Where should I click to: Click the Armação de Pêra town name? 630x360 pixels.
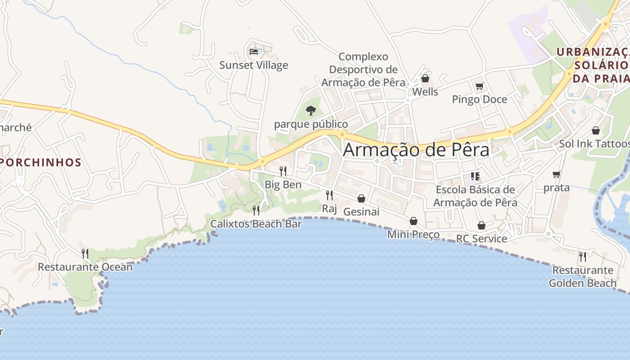pyautogui.click(x=416, y=150)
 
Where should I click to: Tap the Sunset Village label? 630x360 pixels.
pyautogui.click(x=253, y=65)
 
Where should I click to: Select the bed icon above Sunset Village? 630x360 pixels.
pyautogui.click(x=254, y=51)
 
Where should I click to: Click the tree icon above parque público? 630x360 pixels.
pyautogui.click(x=310, y=110)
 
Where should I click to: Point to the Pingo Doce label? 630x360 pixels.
pyautogui.click(x=479, y=99)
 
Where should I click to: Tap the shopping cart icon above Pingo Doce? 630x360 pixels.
pyautogui.click(x=479, y=86)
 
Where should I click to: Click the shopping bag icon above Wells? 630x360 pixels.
pyautogui.click(x=425, y=79)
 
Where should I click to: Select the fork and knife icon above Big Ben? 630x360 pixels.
pyautogui.click(x=283, y=171)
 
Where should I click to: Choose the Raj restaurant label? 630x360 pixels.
pyautogui.click(x=329, y=209)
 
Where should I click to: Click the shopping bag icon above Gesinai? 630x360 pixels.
pyautogui.click(x=361, y=198)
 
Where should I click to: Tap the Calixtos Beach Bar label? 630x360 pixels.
pyautogui.click(x=256, y=224)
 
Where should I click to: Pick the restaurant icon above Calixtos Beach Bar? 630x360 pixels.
pyautogui.click(x=256, y=210)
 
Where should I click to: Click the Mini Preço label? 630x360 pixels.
pyautogui.click(x=413, y=234)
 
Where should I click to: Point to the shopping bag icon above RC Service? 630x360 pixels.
pyautogui.click(x=481, y=225)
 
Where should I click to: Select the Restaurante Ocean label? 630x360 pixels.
pyautogui.click(x=85, y=267)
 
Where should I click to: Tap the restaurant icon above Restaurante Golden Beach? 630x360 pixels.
pyautogui.click(x=583, y=256)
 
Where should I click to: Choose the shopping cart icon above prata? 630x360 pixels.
pyautogui.click(x=557, y=175)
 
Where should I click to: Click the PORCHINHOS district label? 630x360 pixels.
pyautogui.click(x=40, y=162)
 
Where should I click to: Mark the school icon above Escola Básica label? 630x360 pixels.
pyautogui.click(x=475, y=176)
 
